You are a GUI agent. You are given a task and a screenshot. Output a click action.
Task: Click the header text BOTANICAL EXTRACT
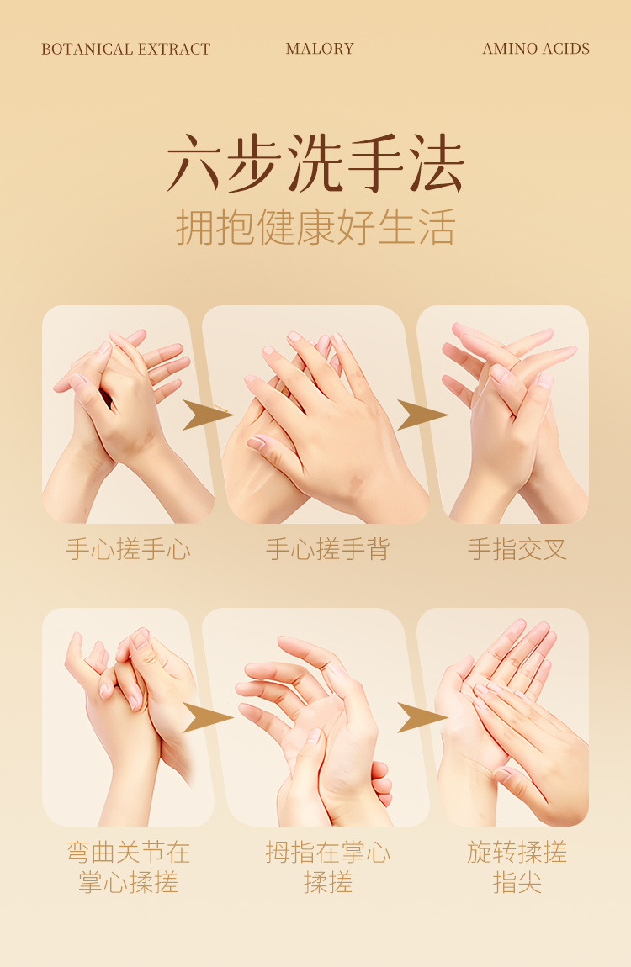click(126, 49)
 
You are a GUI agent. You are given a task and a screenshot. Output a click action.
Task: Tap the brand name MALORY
click(320, 49)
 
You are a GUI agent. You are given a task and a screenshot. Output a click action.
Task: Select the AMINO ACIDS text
click(536, 49)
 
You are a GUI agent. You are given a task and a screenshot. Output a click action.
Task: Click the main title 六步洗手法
click(315, 163)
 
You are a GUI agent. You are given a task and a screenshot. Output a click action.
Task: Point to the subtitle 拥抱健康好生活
click(315, 227)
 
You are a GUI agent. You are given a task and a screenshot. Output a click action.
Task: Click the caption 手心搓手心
click(128, 549)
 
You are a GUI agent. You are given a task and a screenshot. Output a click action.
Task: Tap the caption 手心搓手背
click(327, 549)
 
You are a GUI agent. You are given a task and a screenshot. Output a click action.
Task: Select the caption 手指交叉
click(517, 549)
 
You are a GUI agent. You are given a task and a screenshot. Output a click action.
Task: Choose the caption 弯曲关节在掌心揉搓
click(128, 867)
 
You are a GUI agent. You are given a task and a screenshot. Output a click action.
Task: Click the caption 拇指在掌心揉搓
click(327, 867)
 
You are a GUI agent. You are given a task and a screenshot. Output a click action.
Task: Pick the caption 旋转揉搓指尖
click(517, 867)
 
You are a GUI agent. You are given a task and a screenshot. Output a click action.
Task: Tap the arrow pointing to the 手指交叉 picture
click(422, 415)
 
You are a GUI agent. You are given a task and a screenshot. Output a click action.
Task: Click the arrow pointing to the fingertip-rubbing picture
click(422, 717)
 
